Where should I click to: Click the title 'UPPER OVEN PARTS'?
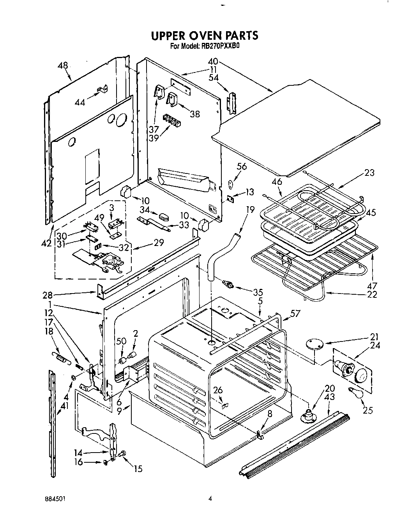pyautogui.click(x=204, y=35)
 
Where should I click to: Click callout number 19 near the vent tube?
pyautogui.click(x=250, y=210)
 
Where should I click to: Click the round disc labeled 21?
pyautogui.click(x=314, y=344)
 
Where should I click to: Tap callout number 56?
pyautogui.click(x=242, y=166)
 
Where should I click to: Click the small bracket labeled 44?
pyautogui.click(x=102, y=90)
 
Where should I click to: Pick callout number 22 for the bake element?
pyautogui.click(x=372, y=294)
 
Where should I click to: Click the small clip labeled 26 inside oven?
pyautogui.click(x=224, y=406)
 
